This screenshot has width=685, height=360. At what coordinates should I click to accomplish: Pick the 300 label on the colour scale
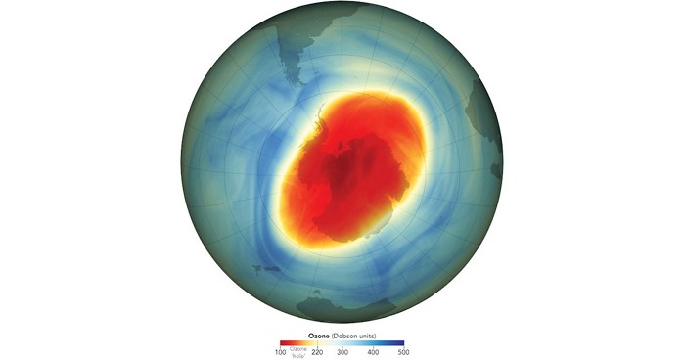tap(342, 350)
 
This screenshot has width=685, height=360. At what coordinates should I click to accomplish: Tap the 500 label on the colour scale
tap(402, 350)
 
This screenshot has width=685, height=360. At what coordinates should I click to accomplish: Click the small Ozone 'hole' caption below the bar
tap(298, 352)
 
